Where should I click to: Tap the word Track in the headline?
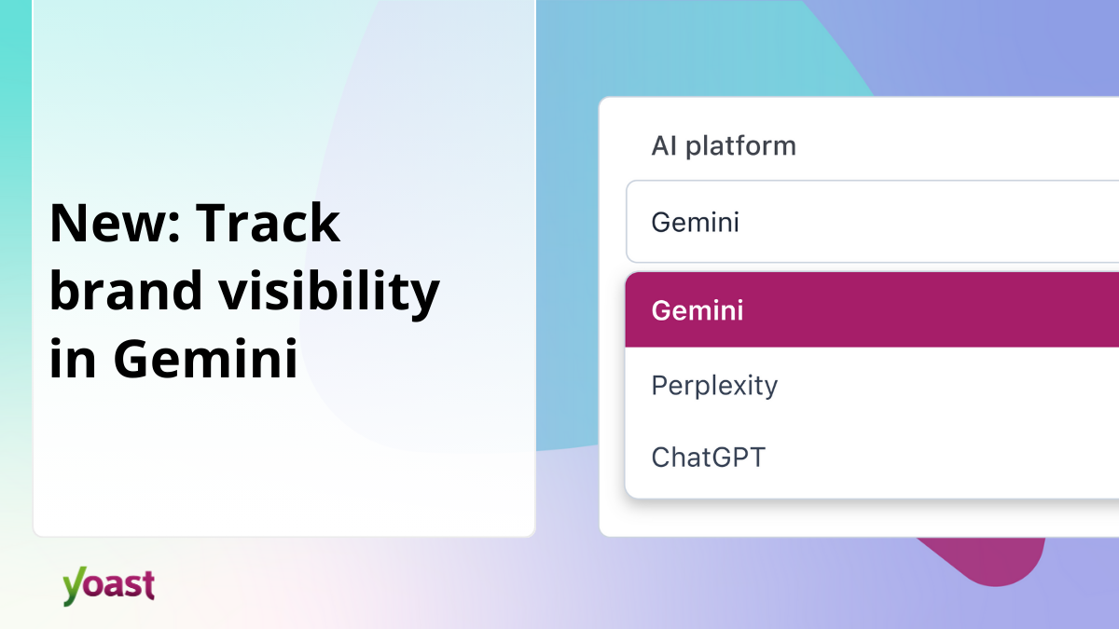pyautogui.click(x=269, y=224)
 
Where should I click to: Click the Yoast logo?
pyautogui.click(x=108, y=585)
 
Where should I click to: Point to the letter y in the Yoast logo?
pyautogui.click(x=73, y=588)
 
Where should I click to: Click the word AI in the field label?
pyautogui.click(x=664, y=146)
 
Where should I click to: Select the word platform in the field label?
pyautogui.click(x=741, y=146)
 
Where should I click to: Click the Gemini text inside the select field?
pyautogui.click(x=695, y=223)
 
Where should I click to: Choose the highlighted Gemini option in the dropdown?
pyautogui.click(x=698, y=310)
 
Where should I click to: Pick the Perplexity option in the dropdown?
pyautogui.click(x=714, y=385)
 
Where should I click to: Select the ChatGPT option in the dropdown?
pyautogui.click(x=708, y=458)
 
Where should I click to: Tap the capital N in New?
pyautogui.click(x=67, y=224)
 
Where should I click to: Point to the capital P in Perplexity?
pyautogui.click(x=659, y=385)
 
